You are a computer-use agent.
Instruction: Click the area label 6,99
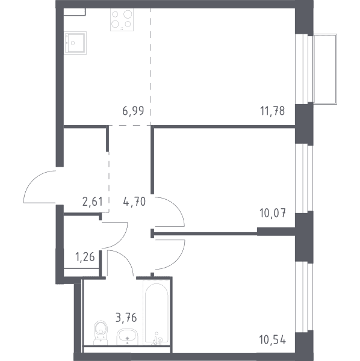tap(133, 111)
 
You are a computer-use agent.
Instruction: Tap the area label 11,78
tap(273, 111)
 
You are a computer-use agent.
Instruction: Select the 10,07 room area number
tap(273, 213)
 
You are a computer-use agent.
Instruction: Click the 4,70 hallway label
tap(134, 202)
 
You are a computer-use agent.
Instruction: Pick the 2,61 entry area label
tap(92, 202)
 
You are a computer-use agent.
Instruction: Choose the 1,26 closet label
tap(85, 257)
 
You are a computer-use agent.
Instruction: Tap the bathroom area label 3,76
tap(126, 318)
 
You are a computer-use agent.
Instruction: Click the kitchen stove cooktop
tap(122, 20)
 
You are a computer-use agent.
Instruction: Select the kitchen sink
tap(75, 43)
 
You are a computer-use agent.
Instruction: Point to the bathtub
tap(157, 312)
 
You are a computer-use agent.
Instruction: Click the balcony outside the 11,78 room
tap(325, 69)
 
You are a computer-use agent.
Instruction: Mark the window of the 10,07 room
tap(304, 178)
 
